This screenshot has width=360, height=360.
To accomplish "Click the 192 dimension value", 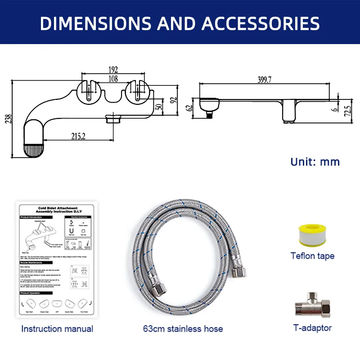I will [112, 70].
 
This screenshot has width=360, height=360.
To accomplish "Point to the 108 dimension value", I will [112, 79].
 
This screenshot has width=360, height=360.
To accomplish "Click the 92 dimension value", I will [173, 100].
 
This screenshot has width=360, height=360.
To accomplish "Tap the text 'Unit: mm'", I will [315, 162].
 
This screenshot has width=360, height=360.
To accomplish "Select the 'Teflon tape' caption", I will [312, 256].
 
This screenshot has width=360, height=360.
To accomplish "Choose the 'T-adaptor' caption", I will [312, 328].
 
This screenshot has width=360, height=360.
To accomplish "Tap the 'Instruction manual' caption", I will [58, 329].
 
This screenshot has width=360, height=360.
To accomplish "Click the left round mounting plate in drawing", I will [89, 91].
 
